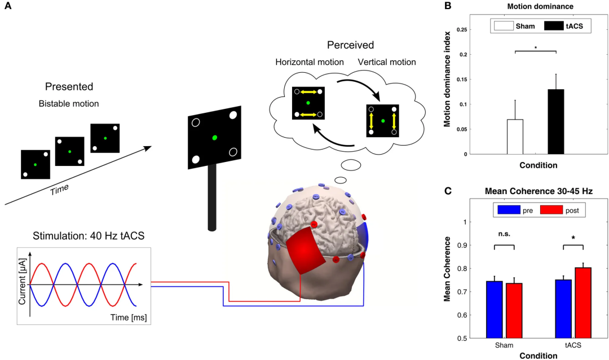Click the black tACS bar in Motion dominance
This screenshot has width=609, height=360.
point(556,121)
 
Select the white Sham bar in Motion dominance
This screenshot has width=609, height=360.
point(515,137)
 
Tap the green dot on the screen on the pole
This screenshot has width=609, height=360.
point(214,138)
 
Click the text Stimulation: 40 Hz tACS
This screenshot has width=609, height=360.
point(81,236)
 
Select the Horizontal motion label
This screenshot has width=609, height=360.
point(310,62)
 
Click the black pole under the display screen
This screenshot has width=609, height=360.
point(212,197)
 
